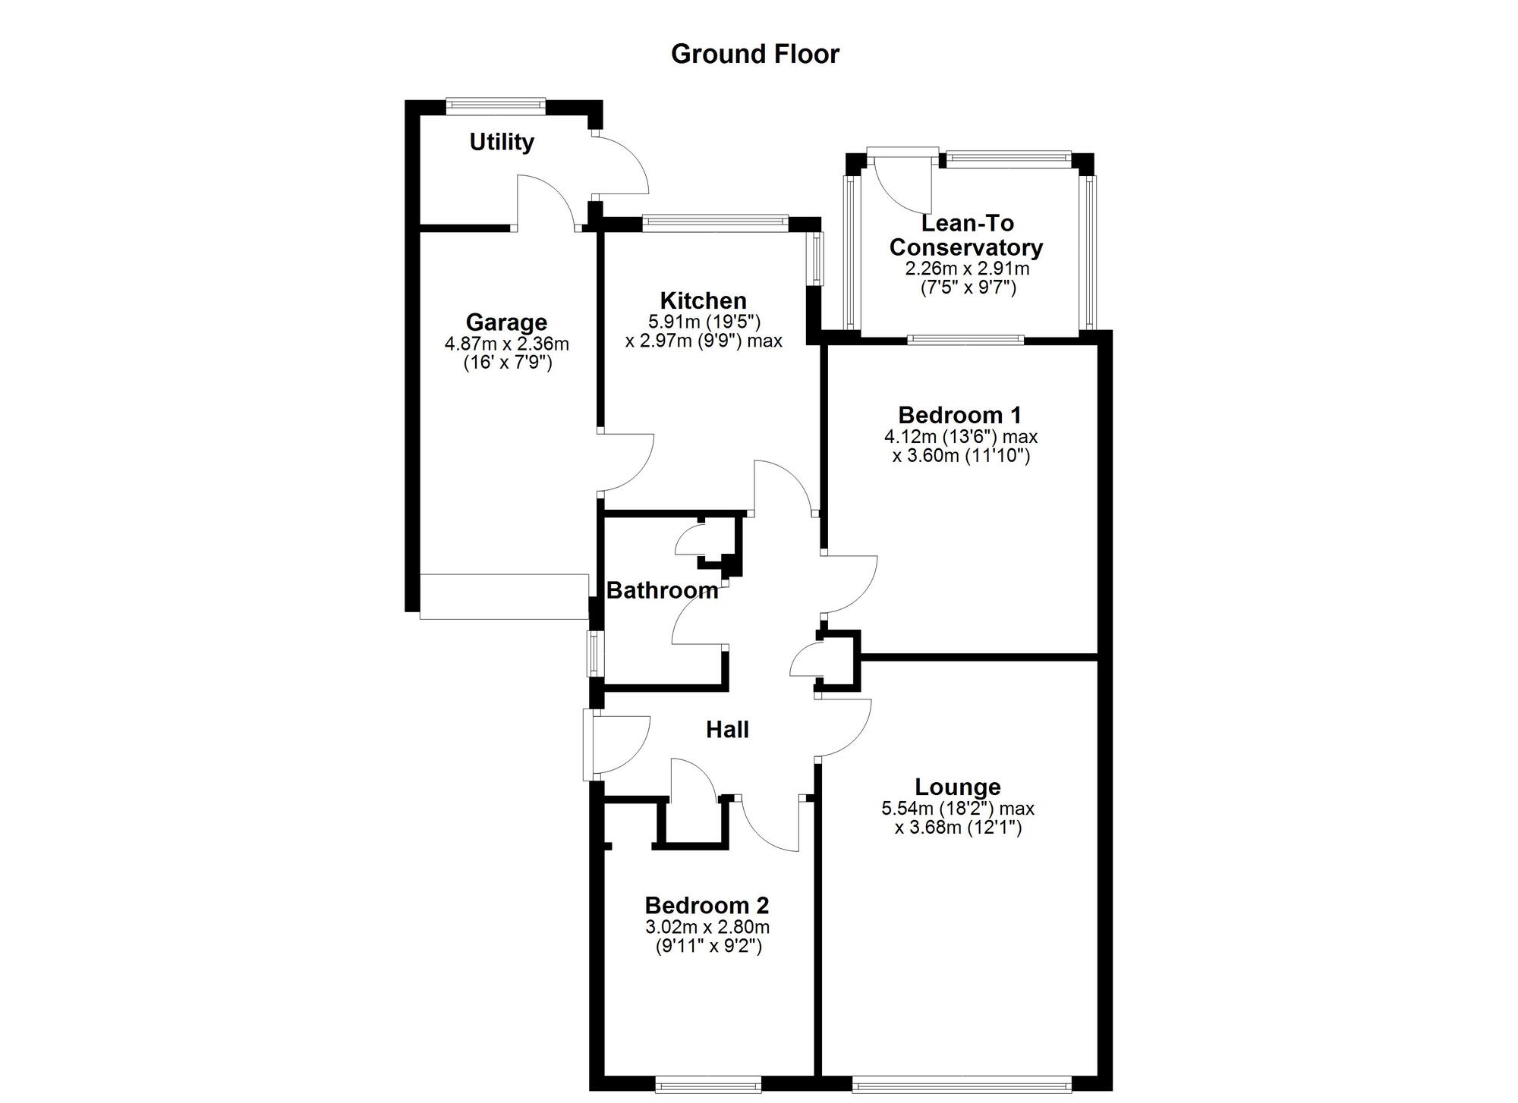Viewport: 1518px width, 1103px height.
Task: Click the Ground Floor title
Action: (755, 54)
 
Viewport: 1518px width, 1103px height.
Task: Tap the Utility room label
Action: (502, 142)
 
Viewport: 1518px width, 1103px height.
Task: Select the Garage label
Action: (506, 322)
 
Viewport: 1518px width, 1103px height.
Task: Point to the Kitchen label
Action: (704, 300)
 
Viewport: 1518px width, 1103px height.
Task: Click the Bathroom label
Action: (662, 590)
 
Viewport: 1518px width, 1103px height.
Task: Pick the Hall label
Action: (727, 730)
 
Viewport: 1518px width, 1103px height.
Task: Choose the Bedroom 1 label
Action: (959, 415)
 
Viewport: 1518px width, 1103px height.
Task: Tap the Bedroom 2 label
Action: (707, 905)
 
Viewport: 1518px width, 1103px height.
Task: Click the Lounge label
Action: (958, 787)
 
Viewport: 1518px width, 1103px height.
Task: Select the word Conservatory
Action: (966, 247)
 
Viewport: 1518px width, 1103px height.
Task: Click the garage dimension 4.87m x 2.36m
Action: (506, 344)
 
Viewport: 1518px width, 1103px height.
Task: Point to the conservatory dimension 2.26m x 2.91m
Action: (967, 269)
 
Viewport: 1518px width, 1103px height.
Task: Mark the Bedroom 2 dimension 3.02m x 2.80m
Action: (707, 927)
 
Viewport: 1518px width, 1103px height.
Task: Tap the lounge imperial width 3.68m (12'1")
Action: (958, 828)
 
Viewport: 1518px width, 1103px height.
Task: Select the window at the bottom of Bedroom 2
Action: (708, 1086)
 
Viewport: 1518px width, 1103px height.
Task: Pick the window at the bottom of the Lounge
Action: (962, 1086)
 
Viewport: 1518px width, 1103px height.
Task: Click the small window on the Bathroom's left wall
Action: (592, 654)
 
